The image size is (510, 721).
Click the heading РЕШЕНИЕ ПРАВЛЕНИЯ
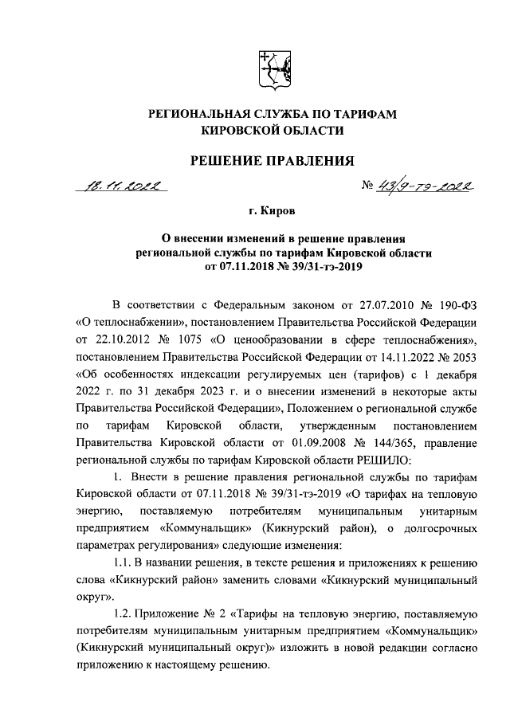271,163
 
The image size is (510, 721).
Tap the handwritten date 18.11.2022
126,188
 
